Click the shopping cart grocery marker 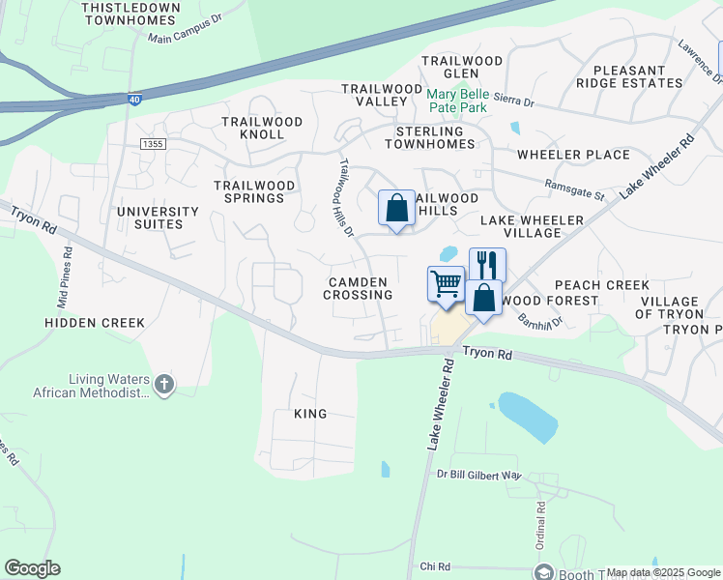click(446, 284)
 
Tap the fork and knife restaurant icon click(487, 264)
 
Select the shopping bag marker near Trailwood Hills click(396, 207)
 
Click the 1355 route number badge click(153, 144)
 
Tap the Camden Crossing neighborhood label click(358, 287)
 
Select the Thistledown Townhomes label click(132, 14)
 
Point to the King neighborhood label click(310, 414)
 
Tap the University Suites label click(157, 217)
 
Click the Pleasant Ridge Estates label click(630, 76)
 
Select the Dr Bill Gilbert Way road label click(478, 475)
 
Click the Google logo click(32, 568)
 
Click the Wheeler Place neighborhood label click(573, 155)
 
